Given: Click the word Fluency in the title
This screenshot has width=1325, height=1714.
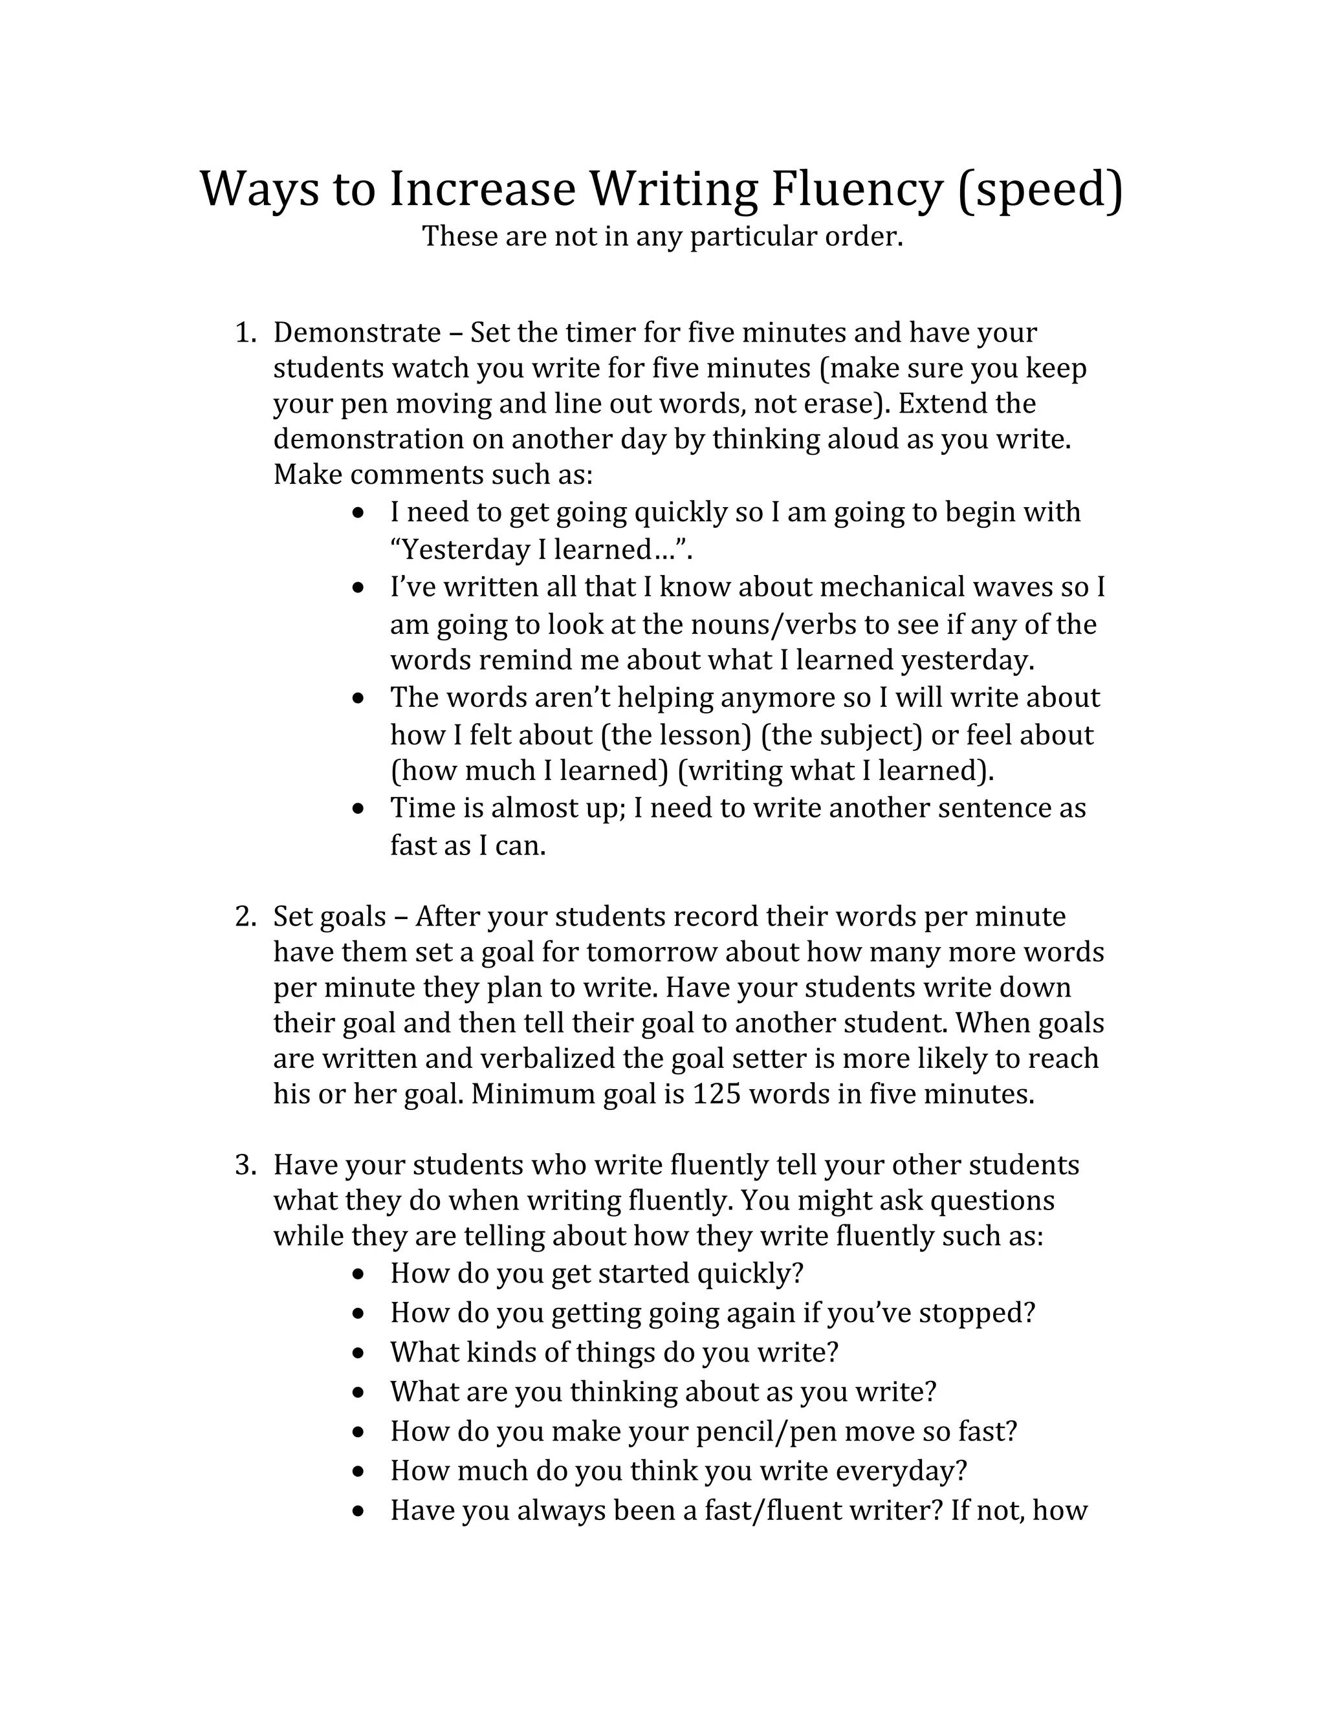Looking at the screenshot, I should point(855,191).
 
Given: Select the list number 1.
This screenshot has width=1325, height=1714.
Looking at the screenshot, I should point(245,332).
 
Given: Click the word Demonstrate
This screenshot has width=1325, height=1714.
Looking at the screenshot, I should point(356,332).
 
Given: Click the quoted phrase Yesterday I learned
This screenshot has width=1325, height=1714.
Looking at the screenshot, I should point(540,549).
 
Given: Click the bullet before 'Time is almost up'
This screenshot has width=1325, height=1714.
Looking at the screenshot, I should point(358,808).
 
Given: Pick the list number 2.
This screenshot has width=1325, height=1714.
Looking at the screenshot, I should point(245,917).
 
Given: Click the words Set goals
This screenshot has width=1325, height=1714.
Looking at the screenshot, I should point(330,917).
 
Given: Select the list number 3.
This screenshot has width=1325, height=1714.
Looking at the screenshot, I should point(245,1165).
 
